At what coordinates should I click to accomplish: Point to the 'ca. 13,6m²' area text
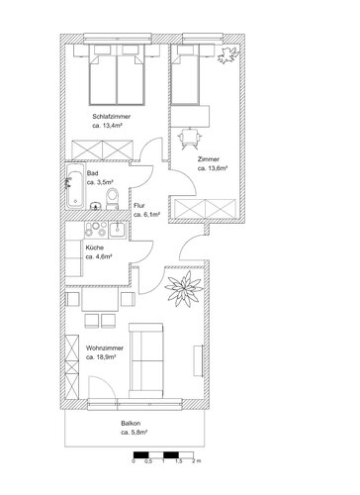(x=214, y=167)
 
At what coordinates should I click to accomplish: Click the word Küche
(x=94, y=247)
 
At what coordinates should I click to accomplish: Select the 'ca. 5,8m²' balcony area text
(x=134, y=433)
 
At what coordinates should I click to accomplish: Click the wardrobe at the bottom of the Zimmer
(x=204, y=209)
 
